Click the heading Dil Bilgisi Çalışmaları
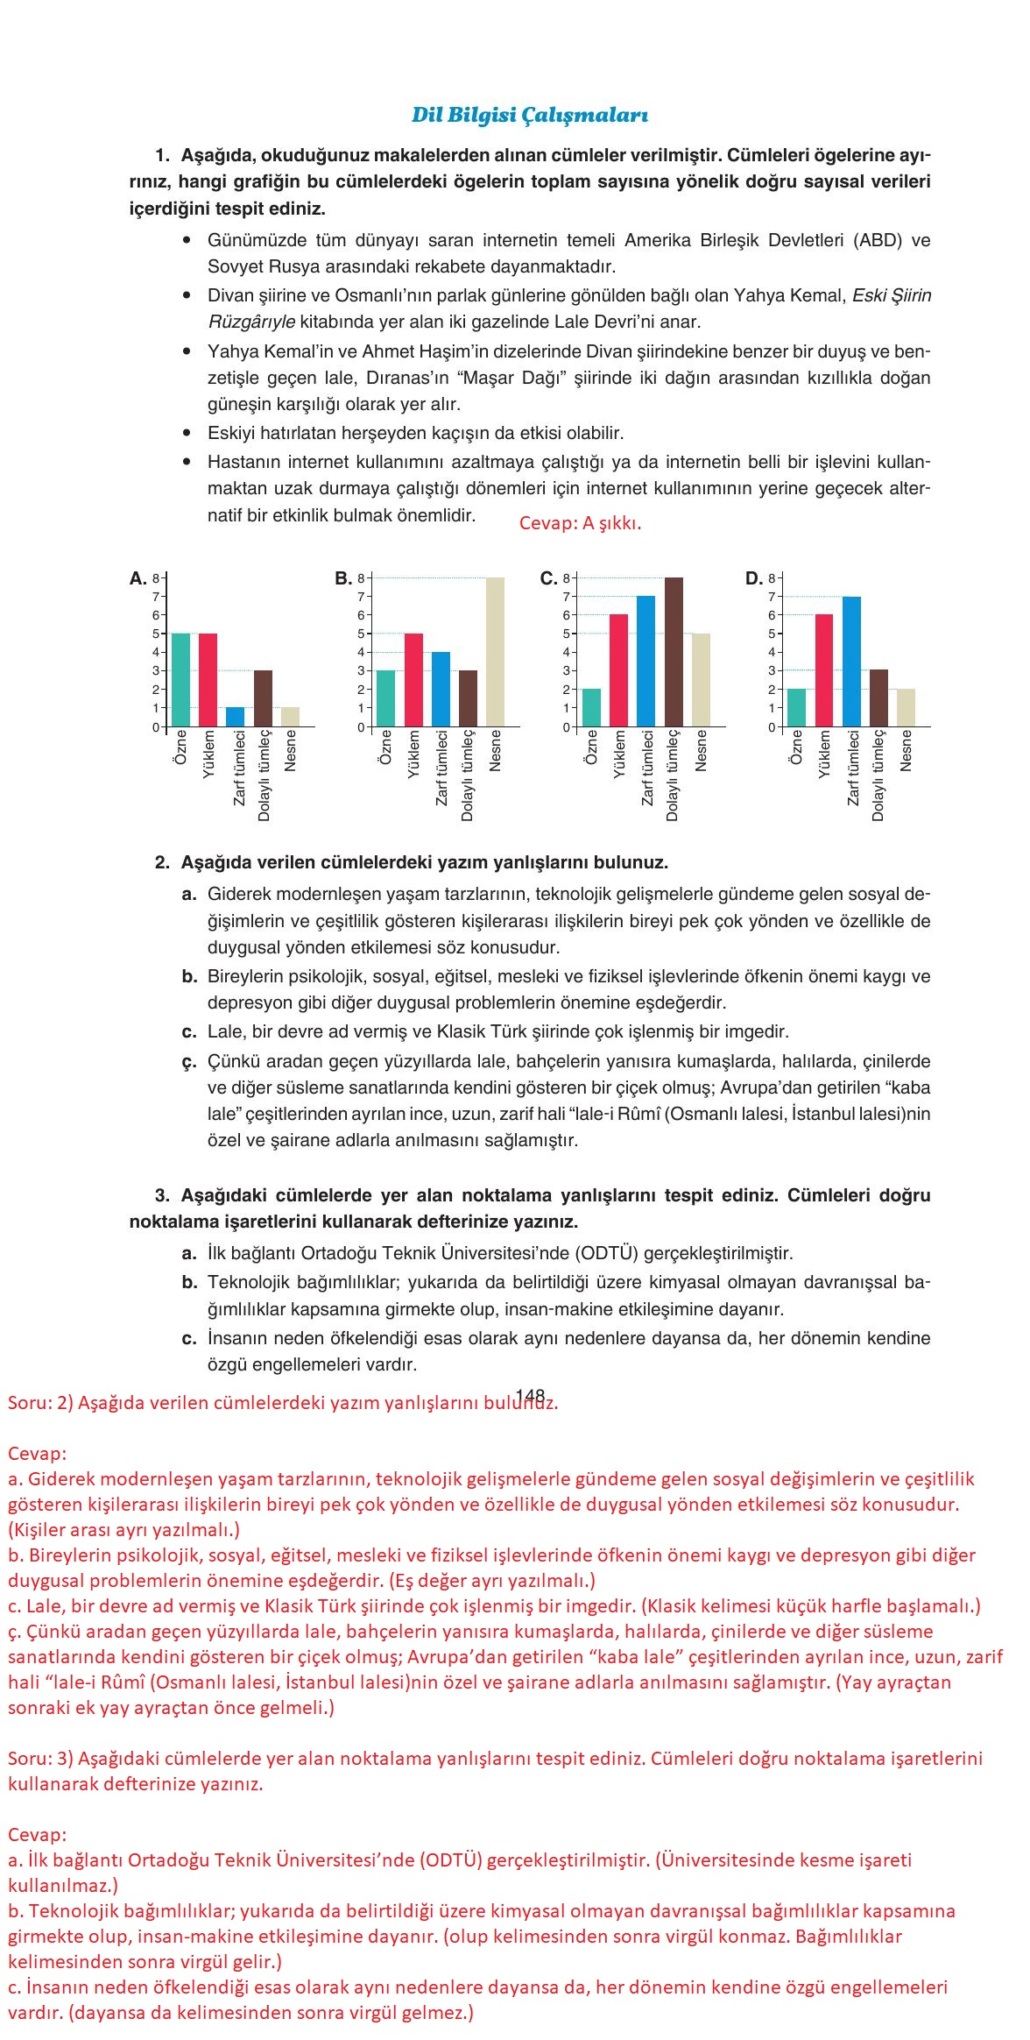click(529, 115)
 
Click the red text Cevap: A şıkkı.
click(580, 523)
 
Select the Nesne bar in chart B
click(496, 652)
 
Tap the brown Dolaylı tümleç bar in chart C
click(674, 652)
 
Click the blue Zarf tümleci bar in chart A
click(235, 717)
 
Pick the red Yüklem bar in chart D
click(823, 670)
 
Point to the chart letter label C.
click(548, 578)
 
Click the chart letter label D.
click(753, 578)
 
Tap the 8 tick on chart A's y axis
click(155, 578)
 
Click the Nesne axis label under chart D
click(907, 751)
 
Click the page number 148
click(530, 1395)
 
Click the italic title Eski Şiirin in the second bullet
click(892, 295)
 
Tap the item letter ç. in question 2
click(188, 1062)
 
